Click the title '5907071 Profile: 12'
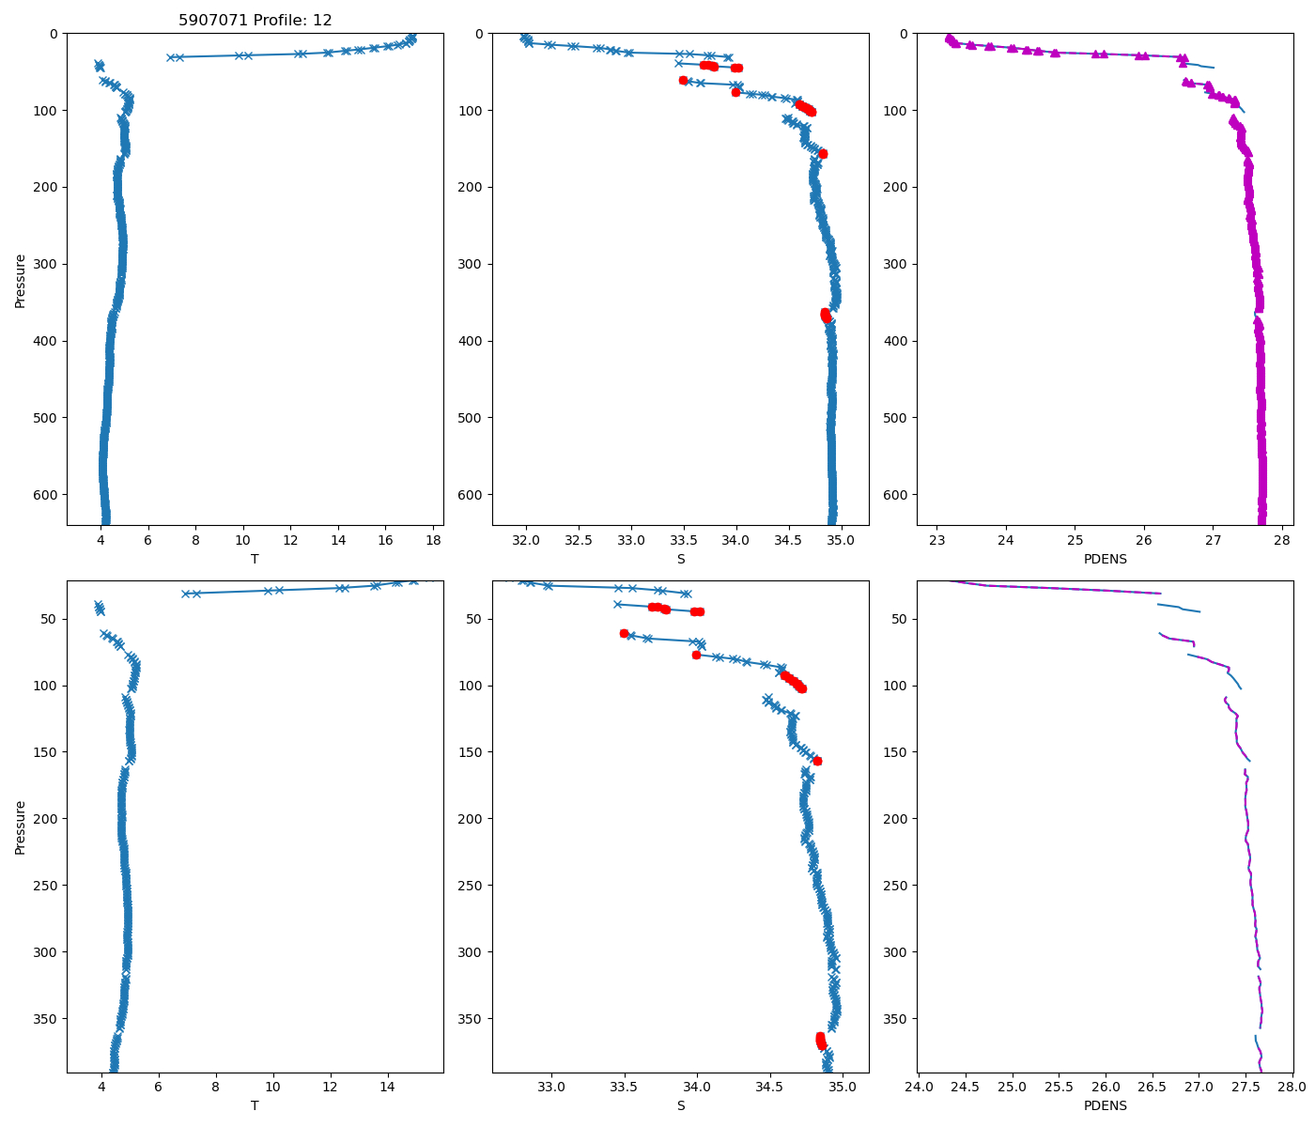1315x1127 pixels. tap(255, 20)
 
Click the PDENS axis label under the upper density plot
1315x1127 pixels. tap(1105, 559)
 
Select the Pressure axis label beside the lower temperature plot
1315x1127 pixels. tap(21, 827)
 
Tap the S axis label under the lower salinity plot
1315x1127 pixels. tap(680, 1105)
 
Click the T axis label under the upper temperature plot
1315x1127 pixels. tap(255, 559)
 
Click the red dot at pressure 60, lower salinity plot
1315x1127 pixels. tap(624, 633)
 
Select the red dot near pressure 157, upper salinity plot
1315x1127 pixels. tap(823, 153)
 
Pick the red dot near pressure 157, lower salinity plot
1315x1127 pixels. tap(817, 761)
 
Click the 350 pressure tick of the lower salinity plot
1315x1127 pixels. tap(473, 1018)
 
